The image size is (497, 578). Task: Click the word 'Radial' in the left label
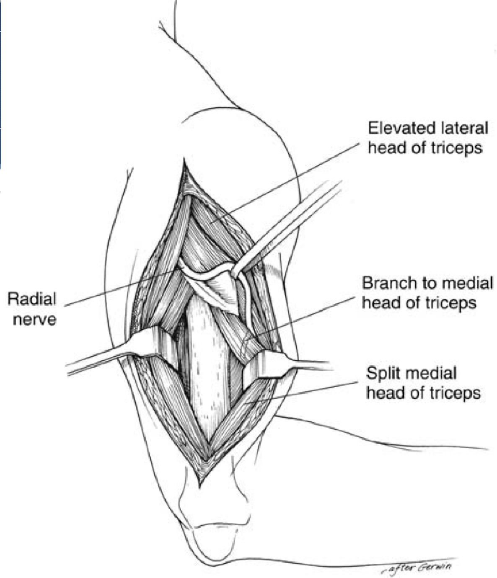tap(32, 299)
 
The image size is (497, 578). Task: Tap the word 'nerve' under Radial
tap(34, 319)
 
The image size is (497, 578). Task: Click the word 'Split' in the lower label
tap(382, 373)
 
